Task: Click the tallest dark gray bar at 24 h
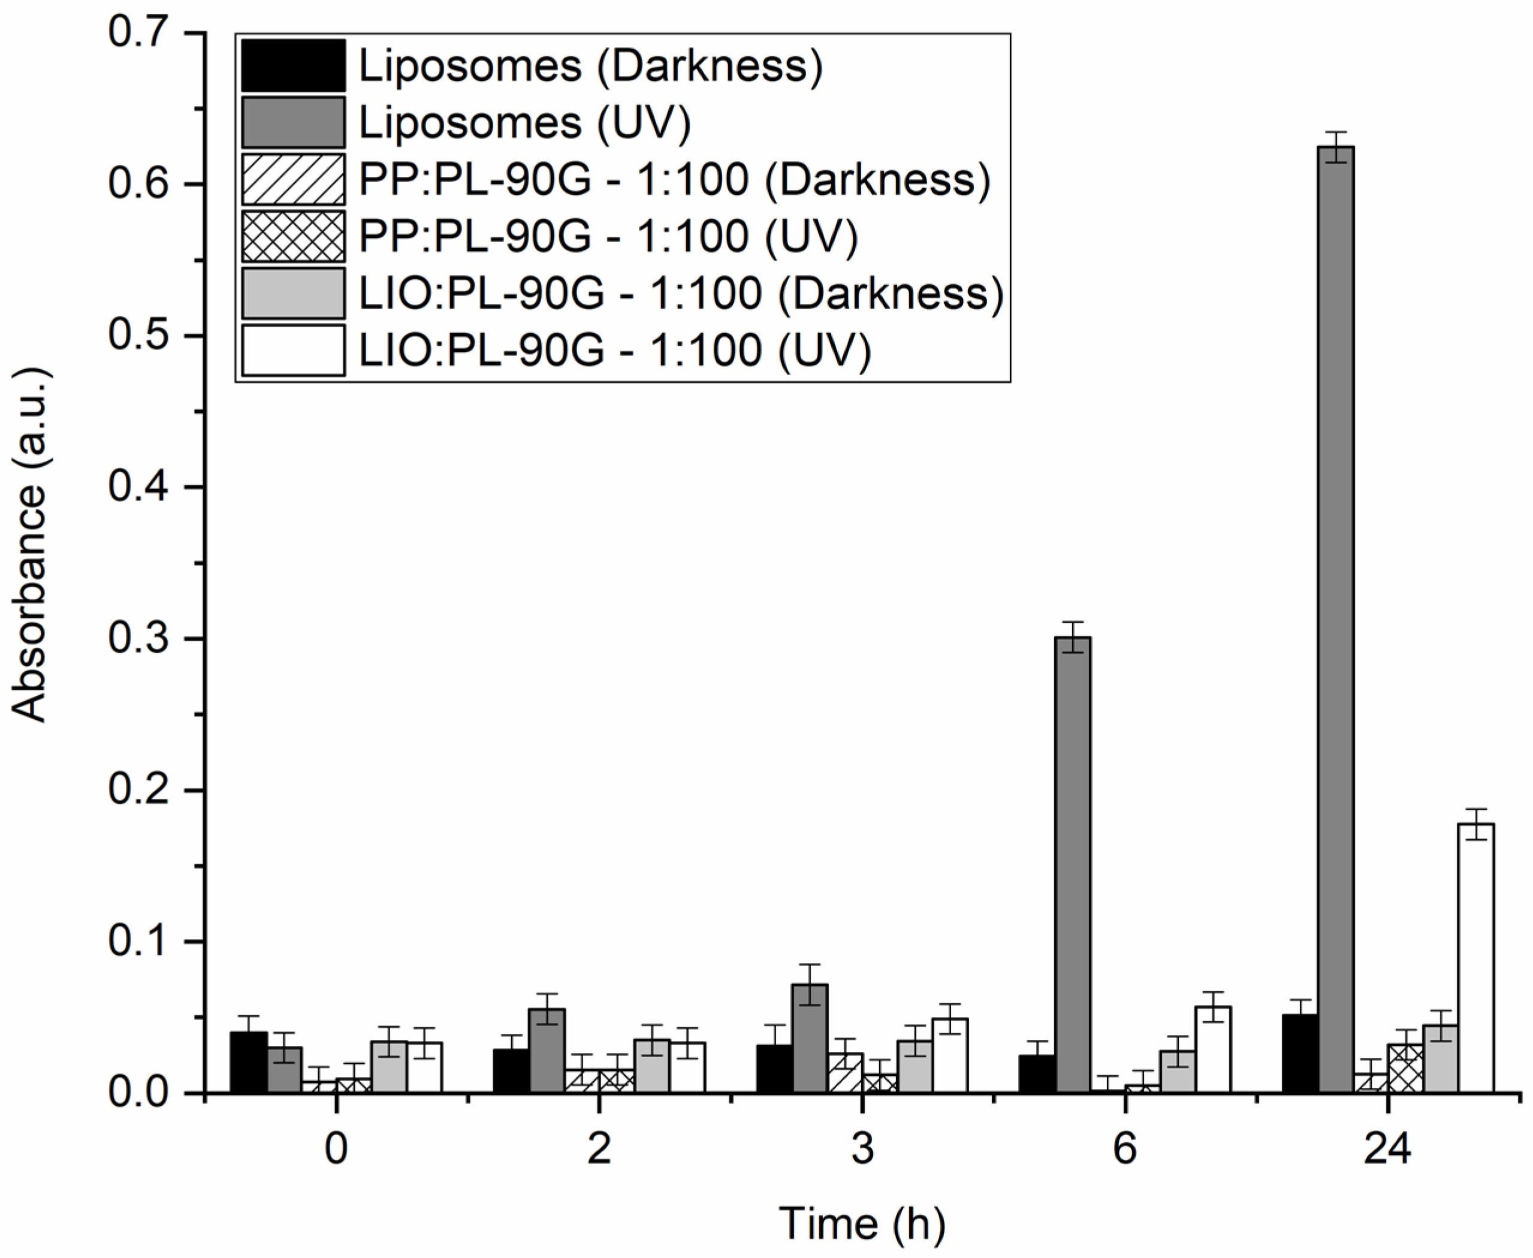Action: (x=1335, y=616)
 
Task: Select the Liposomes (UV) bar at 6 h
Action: (x=1072, y=862)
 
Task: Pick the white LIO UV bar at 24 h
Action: (x=1475, y=957)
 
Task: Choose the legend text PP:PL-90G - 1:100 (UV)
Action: (x=608, y=236)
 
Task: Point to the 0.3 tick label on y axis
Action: (x=138, y=638)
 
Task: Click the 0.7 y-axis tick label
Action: (x=138, y=32)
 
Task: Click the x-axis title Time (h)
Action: (x=862, y=1224)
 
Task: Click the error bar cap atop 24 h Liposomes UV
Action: (x=1335, y=132)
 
